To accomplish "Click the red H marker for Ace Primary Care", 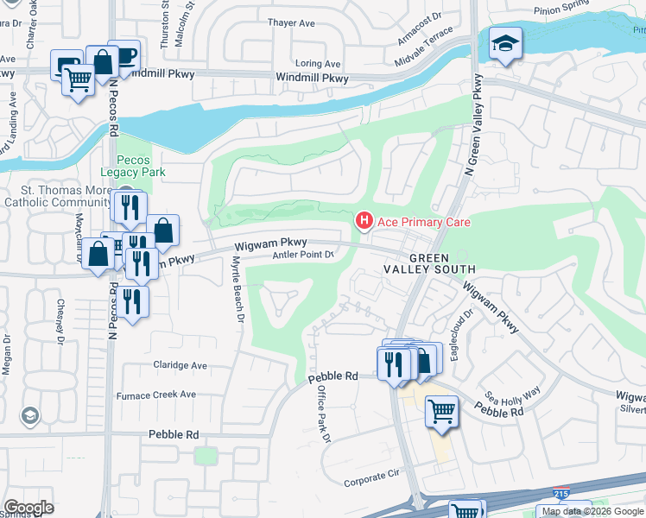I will coord(364,222).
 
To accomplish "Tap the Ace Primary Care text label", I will coord(423,223).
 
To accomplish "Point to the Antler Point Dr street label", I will coord(303,254).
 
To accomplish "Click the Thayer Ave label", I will coord(291,23).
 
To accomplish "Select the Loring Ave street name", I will coord(318,64).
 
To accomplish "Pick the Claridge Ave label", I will coord(180,365).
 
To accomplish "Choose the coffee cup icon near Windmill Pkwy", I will coord(126,55).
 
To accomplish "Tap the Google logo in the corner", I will coord(28,507).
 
